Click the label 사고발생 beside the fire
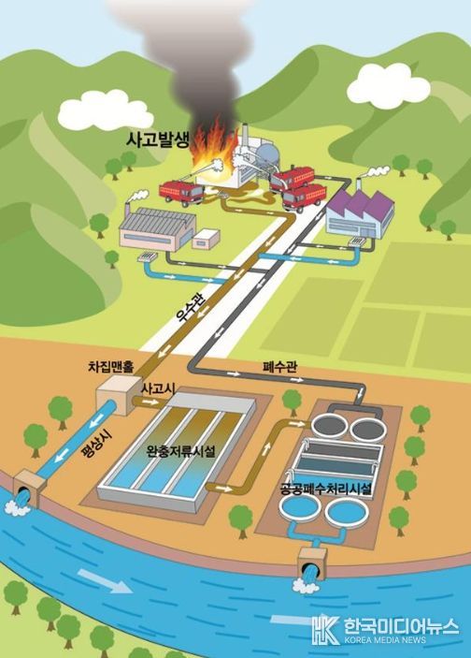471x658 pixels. pyautogui.click(x=158, y=139)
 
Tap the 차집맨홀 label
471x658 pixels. pyautogui.click(x=111, y=367)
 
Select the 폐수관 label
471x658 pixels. pyautogui.click(x=280, y=367)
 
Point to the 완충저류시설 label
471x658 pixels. pyautogui.click(x=180, y=451)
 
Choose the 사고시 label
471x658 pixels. pyautogui.click(x=158, y=388)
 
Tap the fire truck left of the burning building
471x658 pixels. pyautogui.click(x=181, y=193)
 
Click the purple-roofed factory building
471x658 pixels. pyautogui.click(x=361, y=213)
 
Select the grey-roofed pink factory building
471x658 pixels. pyautogui.click(x=158, y=228)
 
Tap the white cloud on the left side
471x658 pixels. pyautogui.click(x=106, y=110)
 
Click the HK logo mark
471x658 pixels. pyautogui.click(x=325, y=629)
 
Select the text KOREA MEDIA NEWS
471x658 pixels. pyautogui.click(x=385, y=640)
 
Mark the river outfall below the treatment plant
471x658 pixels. pyautogui.click(x=312, y=565)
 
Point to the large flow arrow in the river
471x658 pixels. pyautogui.click(x=105, y=580)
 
